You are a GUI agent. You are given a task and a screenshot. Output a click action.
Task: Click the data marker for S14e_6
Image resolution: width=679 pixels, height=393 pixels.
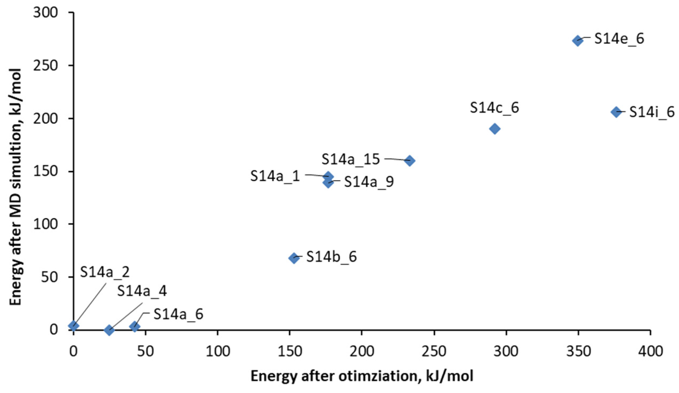tap(578, 41)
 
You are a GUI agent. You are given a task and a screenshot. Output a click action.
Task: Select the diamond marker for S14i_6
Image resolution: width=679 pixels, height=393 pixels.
tap(616, 112)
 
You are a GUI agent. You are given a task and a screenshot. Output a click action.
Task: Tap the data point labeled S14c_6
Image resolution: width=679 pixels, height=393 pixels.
tap(495, 129)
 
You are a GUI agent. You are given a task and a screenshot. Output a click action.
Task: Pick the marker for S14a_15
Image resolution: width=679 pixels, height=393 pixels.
tap(410, 161)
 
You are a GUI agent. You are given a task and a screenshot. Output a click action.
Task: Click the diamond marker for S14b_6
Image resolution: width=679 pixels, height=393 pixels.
tap(294, 258)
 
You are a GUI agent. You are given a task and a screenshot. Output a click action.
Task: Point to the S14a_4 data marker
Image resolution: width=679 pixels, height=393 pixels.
tap(109, 330)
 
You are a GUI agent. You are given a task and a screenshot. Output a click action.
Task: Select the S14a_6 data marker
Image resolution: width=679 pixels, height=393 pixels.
tap(135, 326)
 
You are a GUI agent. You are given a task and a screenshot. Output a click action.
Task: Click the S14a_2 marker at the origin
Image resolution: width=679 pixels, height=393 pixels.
tap(73, 326)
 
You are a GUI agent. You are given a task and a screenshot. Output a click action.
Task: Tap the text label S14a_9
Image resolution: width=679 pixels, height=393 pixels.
tap(369, 182)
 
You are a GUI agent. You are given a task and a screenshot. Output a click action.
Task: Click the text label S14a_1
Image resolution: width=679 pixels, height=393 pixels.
tap(275, 176)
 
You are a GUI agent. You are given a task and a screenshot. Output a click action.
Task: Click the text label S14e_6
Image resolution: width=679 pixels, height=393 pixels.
tap(619, 39)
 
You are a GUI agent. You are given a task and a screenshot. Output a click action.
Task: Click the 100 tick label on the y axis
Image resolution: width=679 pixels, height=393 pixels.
tap(46, 224)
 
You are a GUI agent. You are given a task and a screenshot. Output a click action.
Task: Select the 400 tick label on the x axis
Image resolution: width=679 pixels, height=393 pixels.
tap(651, 351)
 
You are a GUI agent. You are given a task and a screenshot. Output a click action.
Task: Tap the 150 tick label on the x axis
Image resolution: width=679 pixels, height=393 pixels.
tap(290, 351)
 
